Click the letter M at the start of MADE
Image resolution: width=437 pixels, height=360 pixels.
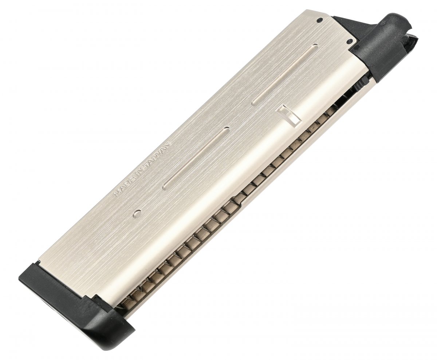117,194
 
